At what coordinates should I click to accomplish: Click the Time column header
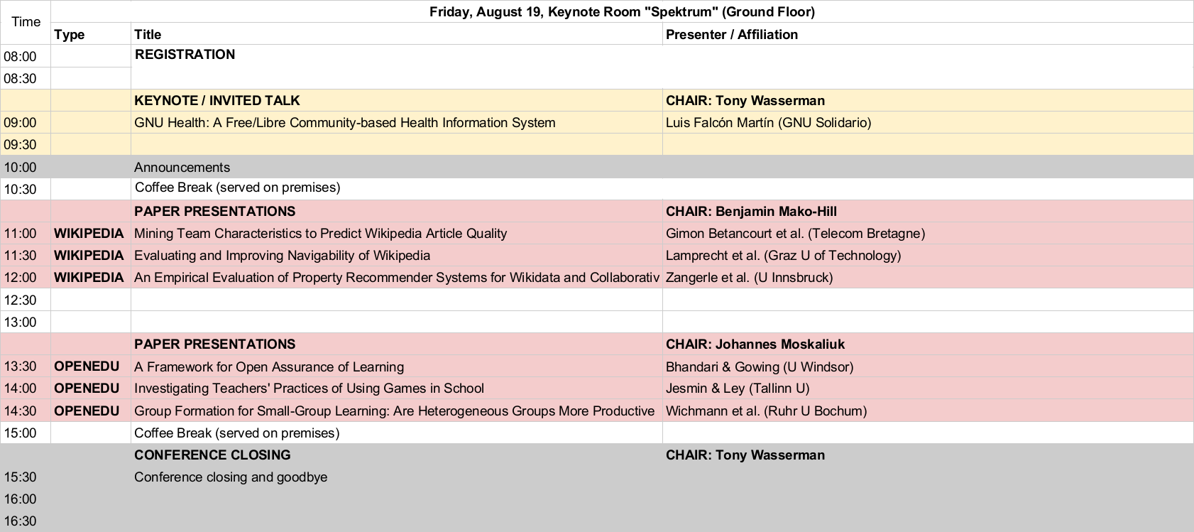point(26,22)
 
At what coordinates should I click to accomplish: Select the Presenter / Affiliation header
point(731,35)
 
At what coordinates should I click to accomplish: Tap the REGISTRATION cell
point(185,55)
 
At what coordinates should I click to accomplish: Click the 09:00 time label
point(21,123)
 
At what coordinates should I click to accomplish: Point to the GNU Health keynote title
point(344,123)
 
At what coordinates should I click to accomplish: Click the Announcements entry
point(182,168)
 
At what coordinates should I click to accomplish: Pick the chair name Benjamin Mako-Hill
point(776,211)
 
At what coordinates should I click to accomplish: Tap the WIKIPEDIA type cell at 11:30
point(89,256)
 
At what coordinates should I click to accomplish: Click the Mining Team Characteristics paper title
point(320,234)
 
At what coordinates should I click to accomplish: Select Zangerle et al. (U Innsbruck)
point(749,278)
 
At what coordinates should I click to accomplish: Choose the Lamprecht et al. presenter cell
point(783,256)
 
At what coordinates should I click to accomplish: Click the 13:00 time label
point(21,322)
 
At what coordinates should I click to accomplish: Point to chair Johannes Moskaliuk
point(780,344)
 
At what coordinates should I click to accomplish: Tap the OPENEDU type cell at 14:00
point(87,389)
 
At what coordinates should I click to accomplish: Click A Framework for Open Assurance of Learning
point(268,367)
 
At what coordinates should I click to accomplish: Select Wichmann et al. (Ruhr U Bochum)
point(766,411)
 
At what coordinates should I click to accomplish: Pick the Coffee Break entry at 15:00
point(236,433)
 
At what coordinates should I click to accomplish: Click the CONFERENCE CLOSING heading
point(212,455)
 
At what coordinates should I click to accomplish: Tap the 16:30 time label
point(21,521)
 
